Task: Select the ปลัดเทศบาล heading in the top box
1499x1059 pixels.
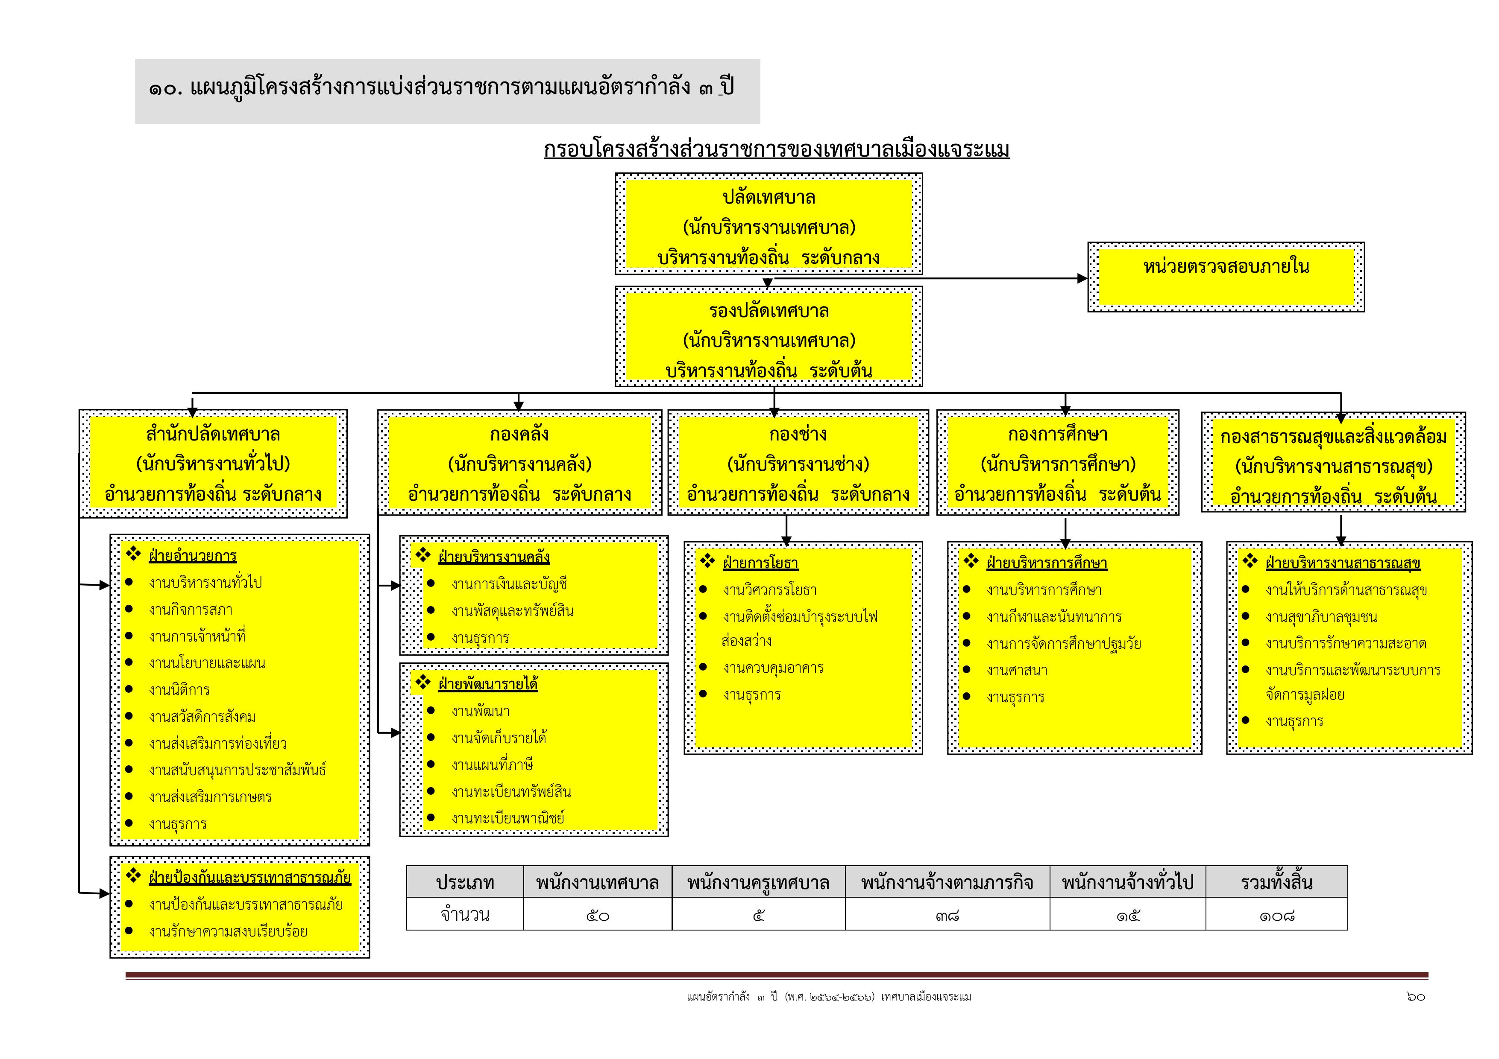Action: pyautogui.click(x=769, y=197)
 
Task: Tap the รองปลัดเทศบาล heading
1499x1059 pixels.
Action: pyautogui.click(x=769, y=311)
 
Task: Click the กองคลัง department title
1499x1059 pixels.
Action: pyautogui.click(x=519, y=435)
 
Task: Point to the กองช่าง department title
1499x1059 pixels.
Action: pyautogui.click(x=797, y=435)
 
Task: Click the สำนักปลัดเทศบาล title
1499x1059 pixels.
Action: pyautogui.click(x=213, y=435)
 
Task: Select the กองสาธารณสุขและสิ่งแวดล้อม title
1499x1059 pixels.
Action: pyautogui.click(x=1333, y=437)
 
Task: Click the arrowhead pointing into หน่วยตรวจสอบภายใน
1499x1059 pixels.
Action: pyautogui.click(x=1082, y=279)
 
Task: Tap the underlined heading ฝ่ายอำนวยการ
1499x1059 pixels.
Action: pyautogui.click(x=193, y=556)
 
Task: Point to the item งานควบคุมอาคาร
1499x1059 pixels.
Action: pyautogui.click(x=773, y=668)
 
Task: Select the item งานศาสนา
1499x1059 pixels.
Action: pyautogui.click(x=1017, y=670)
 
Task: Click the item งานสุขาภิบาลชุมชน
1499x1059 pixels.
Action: pyautogui.click(x=1321, y=617)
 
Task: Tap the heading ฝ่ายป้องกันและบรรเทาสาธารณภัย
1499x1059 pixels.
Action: pyautogui.click(x=249, y=878)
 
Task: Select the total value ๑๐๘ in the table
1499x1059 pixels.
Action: pyautogui.click(x=1276, y=916)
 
